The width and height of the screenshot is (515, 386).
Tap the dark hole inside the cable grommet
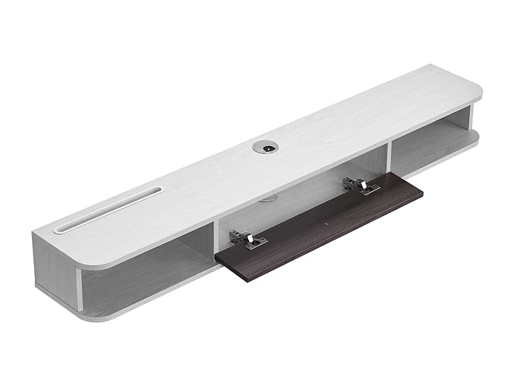tap(265, 148)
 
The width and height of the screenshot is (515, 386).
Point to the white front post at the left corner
tap(79, 293)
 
